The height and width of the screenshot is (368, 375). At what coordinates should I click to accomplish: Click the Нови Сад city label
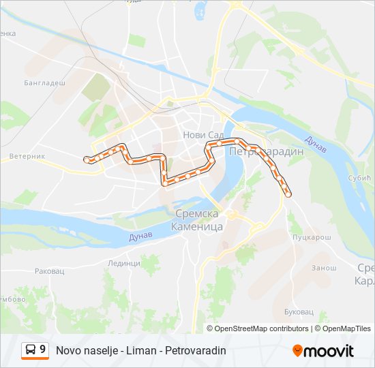click(x=199, y=135)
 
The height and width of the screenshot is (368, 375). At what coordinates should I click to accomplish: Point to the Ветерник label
click(x=27, y=156)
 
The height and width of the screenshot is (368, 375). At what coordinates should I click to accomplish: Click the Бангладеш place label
click(x=45, y=82)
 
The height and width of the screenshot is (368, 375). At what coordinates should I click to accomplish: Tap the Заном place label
click(x=324, y=268)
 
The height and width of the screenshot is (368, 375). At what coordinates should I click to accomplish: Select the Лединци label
click(x=123, y=263)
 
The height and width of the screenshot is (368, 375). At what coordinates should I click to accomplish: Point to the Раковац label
click(x=50, y=271)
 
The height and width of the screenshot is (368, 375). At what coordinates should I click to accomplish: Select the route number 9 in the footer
click(x=43, y=350)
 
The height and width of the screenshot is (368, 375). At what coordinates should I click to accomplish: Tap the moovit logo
click(x=323, y=351)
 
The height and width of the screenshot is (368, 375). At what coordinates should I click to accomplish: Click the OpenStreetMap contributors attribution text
click(x=261, y=328)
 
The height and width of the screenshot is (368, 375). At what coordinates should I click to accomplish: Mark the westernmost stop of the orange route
click(x=87, y=159)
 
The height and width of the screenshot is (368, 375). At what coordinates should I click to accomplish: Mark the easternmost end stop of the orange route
click(x=288, y=194)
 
